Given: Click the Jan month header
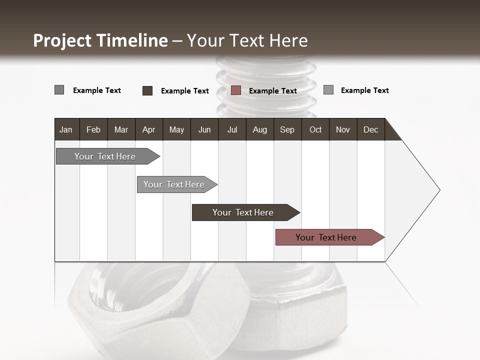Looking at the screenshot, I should (x=66, y=129).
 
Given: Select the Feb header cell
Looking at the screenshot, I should (x=93, y=129).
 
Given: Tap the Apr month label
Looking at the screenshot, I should (x=148, y=129).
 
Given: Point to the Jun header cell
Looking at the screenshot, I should (x=204, y=129).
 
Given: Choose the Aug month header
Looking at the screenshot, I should (x=259, y=129).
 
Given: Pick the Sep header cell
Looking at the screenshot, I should (x=287, y=129).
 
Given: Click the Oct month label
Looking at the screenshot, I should (x=315, y=129).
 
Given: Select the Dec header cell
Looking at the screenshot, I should (x=370, y=129).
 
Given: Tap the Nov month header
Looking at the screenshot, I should (x=343, y=129).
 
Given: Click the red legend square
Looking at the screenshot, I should (x=236, y=90).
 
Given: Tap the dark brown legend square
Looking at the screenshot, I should (x=147, y=90).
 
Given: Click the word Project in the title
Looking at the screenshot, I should (x=62, y=40).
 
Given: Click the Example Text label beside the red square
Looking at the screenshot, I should (x=272, y=91).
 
